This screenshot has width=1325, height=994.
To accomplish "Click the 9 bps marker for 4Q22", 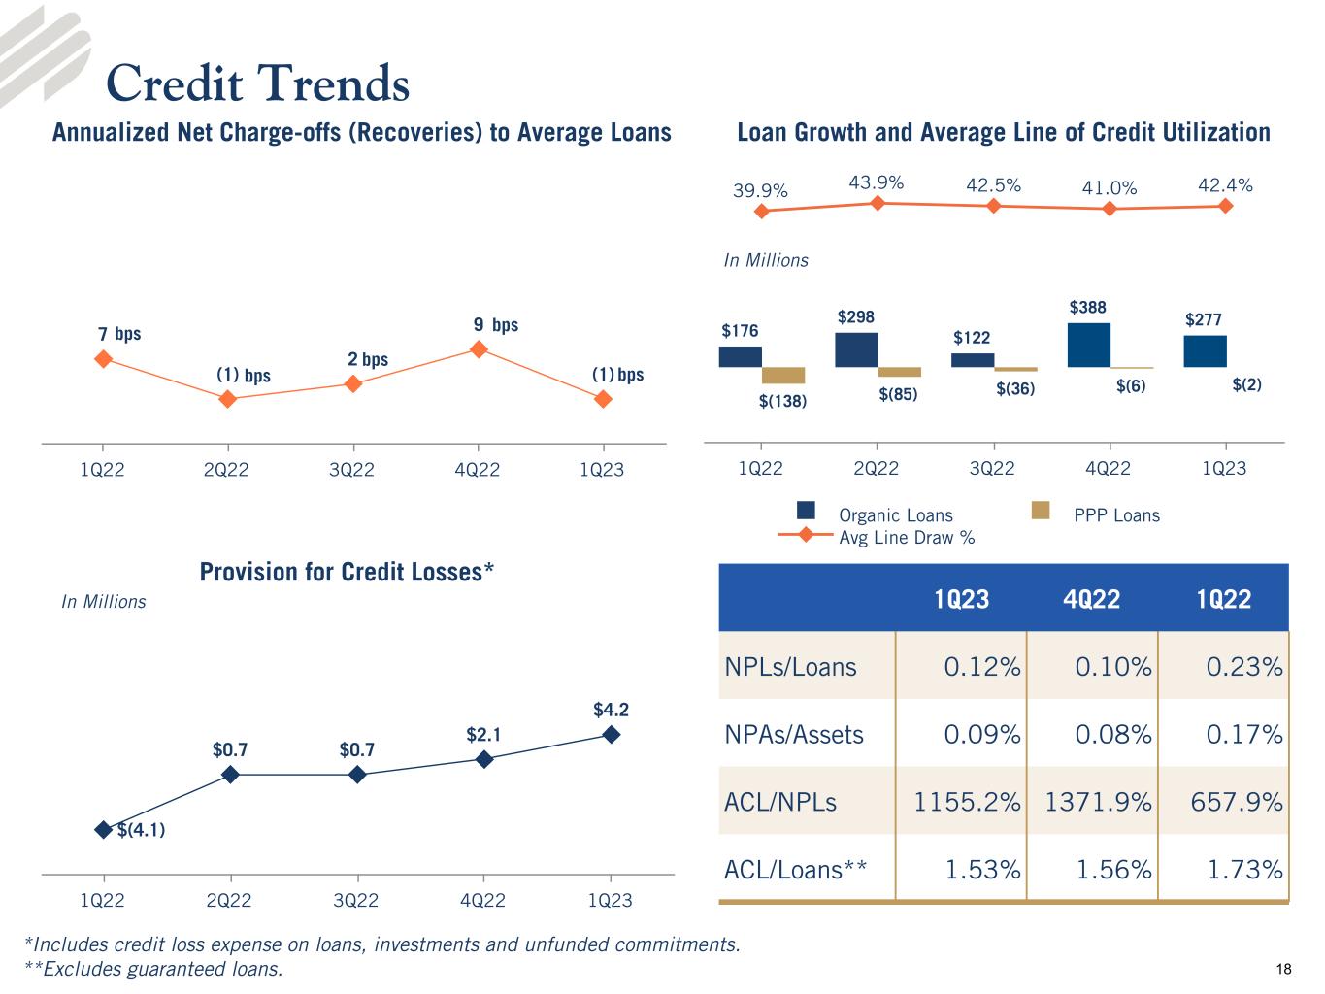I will [478, 348].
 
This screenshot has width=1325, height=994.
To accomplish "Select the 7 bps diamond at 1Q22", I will [103, 359].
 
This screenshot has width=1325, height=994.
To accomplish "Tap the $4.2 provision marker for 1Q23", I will [611, 735].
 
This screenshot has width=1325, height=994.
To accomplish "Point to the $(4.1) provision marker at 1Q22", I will [103, 829].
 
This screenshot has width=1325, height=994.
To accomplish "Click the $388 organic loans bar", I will [1088, 345].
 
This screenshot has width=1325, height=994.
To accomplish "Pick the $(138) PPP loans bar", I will [783, 376].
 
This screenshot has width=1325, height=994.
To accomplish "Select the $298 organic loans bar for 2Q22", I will [856, 349].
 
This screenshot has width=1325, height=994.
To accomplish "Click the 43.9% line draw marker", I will [877, 203].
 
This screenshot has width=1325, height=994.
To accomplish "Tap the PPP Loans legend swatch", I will [1041, 511].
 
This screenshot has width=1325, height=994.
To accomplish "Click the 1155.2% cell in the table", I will [967, 802].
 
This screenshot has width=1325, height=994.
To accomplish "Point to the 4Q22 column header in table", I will [1092, 599].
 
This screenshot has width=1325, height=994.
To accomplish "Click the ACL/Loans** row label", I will [795, 870].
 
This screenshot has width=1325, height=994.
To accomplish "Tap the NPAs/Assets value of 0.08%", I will [1112, 735].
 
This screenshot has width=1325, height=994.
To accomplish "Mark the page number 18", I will [1284, 969].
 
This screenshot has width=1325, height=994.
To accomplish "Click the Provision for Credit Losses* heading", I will [347, 572].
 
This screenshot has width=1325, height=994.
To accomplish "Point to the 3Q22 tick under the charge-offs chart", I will [351, 470].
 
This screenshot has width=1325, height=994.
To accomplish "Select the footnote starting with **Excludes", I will [153, 969].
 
